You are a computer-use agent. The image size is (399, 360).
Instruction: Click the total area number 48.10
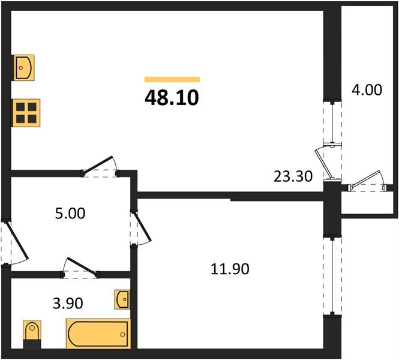point(172,96)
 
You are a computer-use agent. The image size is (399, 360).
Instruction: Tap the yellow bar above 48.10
point(172,79)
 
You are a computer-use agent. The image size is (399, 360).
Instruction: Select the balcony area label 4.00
point(366,91)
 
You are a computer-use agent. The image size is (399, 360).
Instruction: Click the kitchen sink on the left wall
point(23,68)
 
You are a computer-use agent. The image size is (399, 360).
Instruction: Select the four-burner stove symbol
point(25,112)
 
